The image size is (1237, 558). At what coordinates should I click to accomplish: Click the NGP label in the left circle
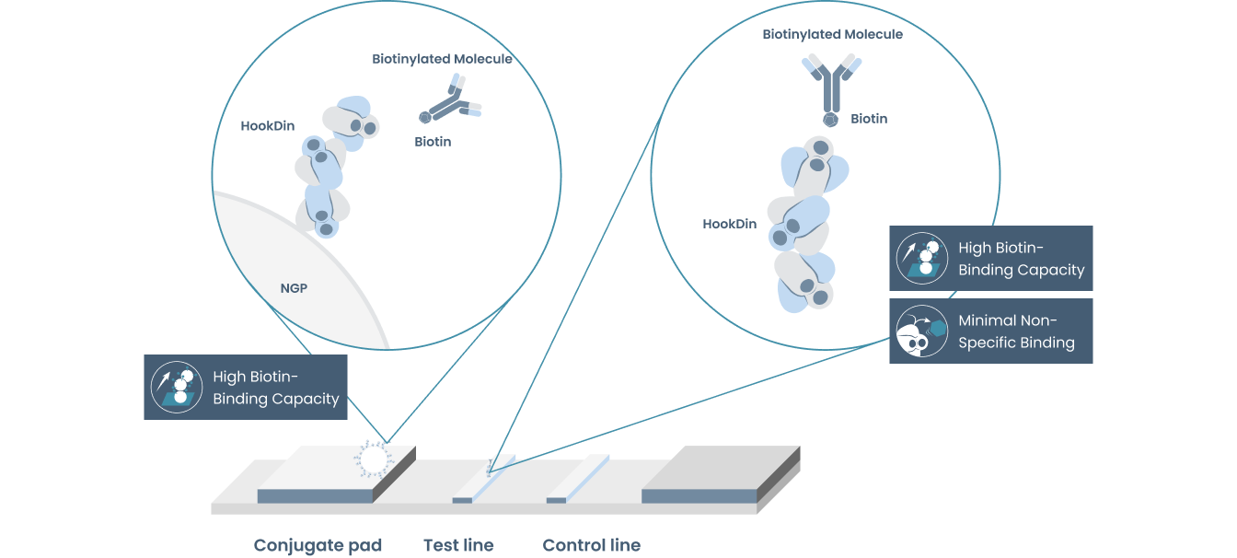[x=294, y=288]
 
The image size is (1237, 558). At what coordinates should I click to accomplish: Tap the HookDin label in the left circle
[x=267, y=126]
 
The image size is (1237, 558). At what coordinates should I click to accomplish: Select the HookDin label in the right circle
[x=729, y=224]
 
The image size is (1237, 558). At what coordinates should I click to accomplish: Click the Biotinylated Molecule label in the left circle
[x=442, y=59]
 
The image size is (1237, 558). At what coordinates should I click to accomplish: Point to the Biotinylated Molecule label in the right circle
[x=832, y=34]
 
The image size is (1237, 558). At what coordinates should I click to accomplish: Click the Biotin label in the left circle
[x=433, y=142]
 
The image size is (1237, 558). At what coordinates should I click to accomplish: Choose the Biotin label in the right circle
[x=869, y=119]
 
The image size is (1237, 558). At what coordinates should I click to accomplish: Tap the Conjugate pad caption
[x=318, y=545]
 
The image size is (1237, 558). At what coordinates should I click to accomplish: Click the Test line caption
[x=458, y=545]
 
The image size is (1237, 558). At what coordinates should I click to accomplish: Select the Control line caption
[x=591, y=545]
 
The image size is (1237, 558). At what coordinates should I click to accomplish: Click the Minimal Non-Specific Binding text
[x=1016, y=331]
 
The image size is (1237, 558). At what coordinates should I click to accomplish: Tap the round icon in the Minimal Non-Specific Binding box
[x=921, y=331]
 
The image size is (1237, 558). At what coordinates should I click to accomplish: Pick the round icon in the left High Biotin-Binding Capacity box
[x=177, y=387]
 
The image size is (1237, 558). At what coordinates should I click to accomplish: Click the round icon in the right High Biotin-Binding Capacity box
[x=921, y=259]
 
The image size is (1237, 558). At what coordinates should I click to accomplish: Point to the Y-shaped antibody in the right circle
[x=831, y=87]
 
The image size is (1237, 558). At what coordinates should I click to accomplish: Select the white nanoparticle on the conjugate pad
[x=373, y=459]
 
